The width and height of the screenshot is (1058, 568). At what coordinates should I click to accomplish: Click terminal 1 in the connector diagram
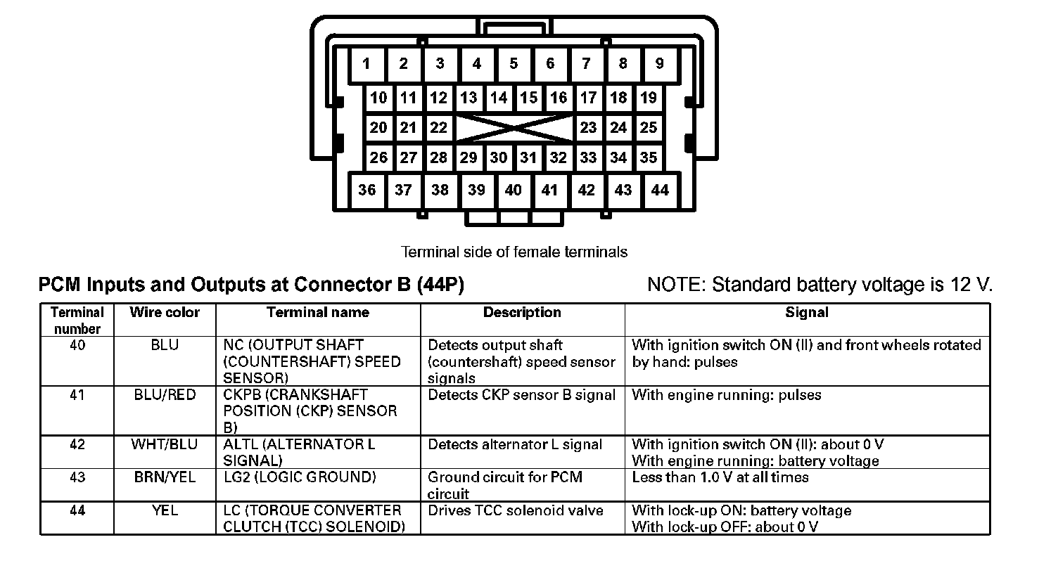[367, 65]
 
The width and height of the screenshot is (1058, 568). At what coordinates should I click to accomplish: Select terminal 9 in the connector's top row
[659, 65]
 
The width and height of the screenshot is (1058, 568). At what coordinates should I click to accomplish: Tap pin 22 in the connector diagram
[438, 128]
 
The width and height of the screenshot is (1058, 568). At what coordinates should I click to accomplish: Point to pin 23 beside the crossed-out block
[588, 128]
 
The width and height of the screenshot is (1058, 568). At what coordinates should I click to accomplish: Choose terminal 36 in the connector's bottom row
[367, 190]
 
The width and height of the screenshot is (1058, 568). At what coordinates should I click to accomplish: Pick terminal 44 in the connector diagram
[660, 190]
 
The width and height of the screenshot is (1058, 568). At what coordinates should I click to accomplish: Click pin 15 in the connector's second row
[528, 98]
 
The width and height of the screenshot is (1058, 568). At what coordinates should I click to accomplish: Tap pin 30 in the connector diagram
[499, 158]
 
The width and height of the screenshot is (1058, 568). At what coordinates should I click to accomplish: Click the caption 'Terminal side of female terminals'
[514, 252]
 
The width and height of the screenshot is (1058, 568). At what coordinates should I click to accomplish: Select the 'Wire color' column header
[165, 313]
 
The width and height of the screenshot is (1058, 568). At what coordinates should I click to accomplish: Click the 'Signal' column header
[807, 313]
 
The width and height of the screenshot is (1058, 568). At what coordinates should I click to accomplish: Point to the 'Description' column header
[522, 313]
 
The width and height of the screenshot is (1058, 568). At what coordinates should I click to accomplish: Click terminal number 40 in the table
[77, 346]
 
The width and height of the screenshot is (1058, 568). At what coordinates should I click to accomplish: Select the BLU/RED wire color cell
[165, 395]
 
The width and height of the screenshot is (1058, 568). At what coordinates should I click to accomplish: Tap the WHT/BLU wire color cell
[165, 444]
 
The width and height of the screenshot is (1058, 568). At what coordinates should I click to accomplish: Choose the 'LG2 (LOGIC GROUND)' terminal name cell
[300, 477]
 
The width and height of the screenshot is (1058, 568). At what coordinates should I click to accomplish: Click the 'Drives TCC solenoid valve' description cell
[516, 510]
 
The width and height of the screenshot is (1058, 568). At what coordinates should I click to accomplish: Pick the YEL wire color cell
[165, 510]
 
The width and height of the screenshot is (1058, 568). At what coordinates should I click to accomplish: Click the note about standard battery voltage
[820, 285]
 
